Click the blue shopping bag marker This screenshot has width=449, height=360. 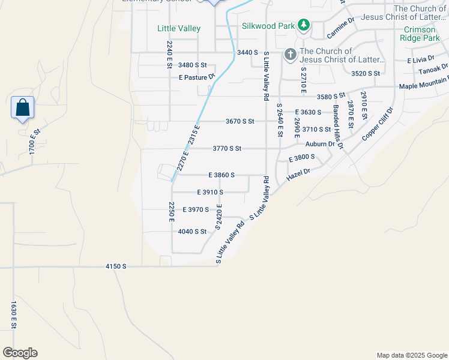pyautogui.click(x=22, y=108)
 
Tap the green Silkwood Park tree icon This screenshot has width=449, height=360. pyautogui.click(x=304, y=25)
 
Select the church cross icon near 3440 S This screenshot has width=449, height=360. pyautogui.click(x=290, y=55)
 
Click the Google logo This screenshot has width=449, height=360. pyautogui.click(x=20, y=353)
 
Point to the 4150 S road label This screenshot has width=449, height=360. pyautogui.click(x=116, y=265)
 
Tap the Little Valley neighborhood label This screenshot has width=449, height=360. pyautogui.click(x=179, y=28)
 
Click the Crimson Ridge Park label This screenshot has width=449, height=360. pyautogui.click(x=422, y=34)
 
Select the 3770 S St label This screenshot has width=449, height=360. pyautogui.click(x=227, y=148)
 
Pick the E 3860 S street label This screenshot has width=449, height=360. pyautogui.click(x=221, y=175)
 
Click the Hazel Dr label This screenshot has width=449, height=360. pyautogui.click(x=298, y=173)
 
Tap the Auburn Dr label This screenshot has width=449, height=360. pyautogui.click(x=319, y=144)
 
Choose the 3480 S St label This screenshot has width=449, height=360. pyautogui.click(x=193, y=65)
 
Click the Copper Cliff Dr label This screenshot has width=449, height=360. pyautogui.click(x=377, y=124)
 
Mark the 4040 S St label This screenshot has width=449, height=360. pyautogui.click(x=192, y=231)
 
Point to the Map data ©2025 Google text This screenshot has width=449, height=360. pyautogui.click(x=411, y=355)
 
